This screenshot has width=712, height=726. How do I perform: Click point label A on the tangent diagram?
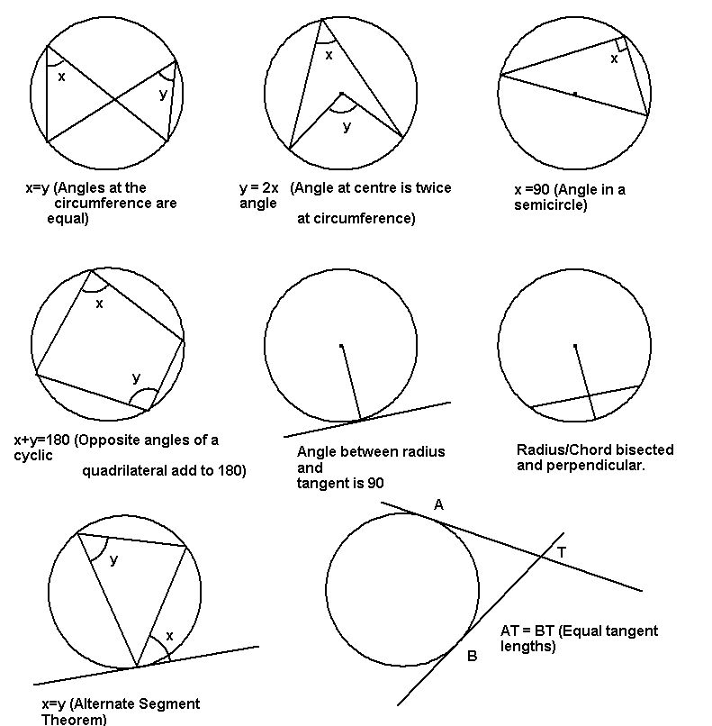pos(438,504)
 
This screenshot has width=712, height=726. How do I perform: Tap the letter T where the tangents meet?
pos(561,552)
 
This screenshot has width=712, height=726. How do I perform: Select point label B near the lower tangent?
pos(472,656)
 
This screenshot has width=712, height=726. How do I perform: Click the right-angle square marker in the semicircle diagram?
pos(622,44)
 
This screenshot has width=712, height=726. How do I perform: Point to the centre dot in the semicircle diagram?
pos(575,94)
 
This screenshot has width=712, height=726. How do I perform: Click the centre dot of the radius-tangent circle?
pos(341,346)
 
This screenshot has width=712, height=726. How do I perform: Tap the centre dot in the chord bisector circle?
pos(575,346)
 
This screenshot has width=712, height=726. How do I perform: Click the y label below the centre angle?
pos(347,126)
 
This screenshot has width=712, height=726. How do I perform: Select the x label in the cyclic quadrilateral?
pos(99,304)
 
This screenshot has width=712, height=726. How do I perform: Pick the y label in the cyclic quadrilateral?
pos(136,377)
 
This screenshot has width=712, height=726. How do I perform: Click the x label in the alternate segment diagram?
pos(169,636)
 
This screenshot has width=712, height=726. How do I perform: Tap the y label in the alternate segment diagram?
pos(113,560)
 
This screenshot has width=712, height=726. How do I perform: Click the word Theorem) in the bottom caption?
pos(74,720)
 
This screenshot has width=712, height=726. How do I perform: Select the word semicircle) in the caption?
pos(551,204)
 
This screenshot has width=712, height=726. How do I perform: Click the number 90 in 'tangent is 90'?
pos(375,483)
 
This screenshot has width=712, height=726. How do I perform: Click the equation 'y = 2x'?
pos(259,188)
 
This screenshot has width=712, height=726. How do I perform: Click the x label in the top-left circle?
pos(61,77)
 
